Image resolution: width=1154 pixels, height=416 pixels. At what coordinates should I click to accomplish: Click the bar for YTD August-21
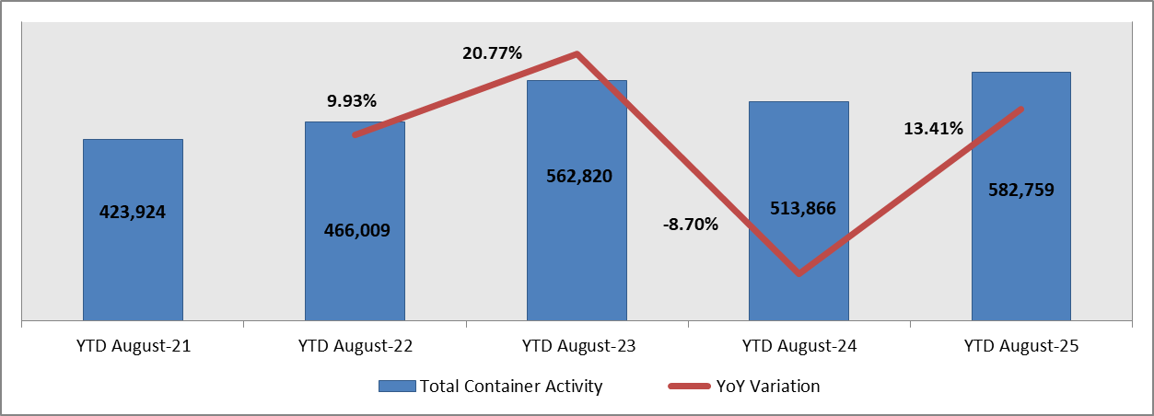coord(133,267)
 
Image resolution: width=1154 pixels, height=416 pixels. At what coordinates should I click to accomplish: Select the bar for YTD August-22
coord(355,276)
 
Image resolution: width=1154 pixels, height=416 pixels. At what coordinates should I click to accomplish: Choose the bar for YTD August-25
coord(1020,258)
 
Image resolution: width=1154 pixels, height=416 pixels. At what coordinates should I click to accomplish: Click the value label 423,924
coord(133,212)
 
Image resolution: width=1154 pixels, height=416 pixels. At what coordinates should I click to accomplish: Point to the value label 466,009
coord(356,230)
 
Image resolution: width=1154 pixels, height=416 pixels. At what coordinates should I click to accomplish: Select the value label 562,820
coord(577,176)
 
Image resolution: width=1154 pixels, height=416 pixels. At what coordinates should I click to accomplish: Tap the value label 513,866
coord(798,208)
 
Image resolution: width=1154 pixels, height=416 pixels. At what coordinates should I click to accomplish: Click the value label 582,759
coord(1020,191)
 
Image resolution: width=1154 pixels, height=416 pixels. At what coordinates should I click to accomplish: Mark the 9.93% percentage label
coord(352,100)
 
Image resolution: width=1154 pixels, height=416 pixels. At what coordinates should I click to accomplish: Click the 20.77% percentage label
coord(492,53)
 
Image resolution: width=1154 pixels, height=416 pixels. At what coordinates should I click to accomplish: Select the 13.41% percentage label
coord(933,128)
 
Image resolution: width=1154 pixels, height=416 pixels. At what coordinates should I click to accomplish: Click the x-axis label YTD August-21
coord(133,347)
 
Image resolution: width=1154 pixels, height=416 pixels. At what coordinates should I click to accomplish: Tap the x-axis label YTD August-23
coord(577,347)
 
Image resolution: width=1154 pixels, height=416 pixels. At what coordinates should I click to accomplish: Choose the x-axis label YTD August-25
coord(1020,347)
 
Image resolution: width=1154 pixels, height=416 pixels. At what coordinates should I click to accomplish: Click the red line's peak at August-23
coord(577,53)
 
